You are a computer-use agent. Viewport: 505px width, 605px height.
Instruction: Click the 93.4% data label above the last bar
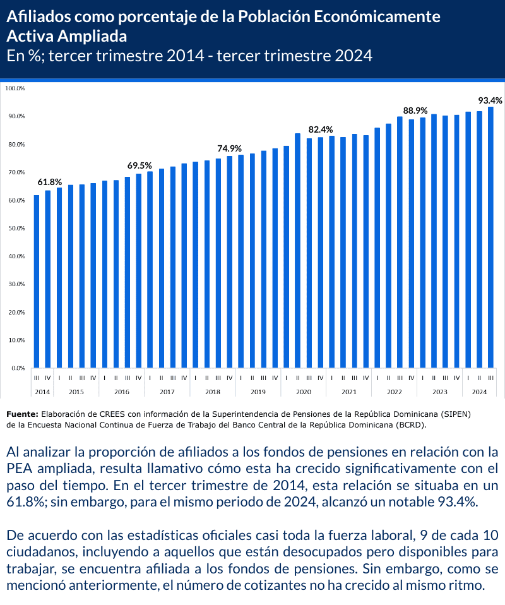[x=490, y=100]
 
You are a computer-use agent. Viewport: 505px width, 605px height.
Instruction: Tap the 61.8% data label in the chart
[x=49, y=182]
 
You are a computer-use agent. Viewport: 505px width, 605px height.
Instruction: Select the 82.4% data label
[x=321, y=129]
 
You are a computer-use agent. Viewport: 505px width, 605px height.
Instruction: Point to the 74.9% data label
[x=230, y=148]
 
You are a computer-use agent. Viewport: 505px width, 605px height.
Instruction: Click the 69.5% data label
[x=140, y=165]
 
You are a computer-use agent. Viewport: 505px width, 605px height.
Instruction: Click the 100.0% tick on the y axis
[x=15, y=88]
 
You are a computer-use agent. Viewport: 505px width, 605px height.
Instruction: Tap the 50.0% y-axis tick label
[x=15, y=229]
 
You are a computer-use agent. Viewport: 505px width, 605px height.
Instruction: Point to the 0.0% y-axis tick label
[x=17, y=368]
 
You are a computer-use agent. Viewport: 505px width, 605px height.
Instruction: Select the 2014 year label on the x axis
[x=42, y=392]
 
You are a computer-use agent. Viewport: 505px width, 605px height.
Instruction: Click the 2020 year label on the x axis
[x=304, y=392]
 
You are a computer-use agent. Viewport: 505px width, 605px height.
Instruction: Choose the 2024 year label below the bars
[x=479, y=392]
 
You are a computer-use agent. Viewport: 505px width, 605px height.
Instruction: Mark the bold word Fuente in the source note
[x=21, y=414]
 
